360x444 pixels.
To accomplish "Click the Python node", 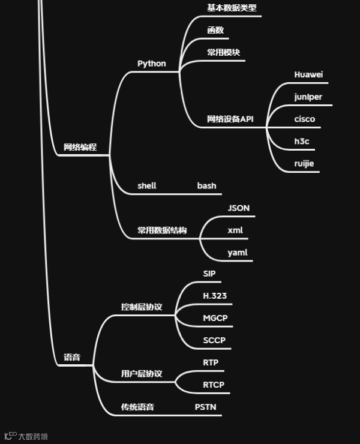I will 151,64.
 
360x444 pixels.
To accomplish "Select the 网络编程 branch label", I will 80,147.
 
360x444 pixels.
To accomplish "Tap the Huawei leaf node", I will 308,74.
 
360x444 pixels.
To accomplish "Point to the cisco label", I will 304,119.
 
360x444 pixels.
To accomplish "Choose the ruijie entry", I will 304,163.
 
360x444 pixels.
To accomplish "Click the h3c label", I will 301,141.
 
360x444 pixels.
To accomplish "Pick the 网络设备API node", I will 230,119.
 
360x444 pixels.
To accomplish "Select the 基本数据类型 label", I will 232,8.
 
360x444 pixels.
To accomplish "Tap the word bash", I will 206,185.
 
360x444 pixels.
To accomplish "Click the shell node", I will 146,185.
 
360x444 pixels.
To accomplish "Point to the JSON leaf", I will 238,208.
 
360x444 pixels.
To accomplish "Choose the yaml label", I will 237,253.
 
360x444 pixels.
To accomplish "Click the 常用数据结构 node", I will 162,230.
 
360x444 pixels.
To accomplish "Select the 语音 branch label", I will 72,358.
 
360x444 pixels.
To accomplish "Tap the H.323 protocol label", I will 214,296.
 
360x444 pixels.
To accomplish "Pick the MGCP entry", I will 215,318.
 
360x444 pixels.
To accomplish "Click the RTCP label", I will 213,385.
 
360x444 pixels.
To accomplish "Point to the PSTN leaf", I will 205,407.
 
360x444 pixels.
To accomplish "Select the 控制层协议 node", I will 142,307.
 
